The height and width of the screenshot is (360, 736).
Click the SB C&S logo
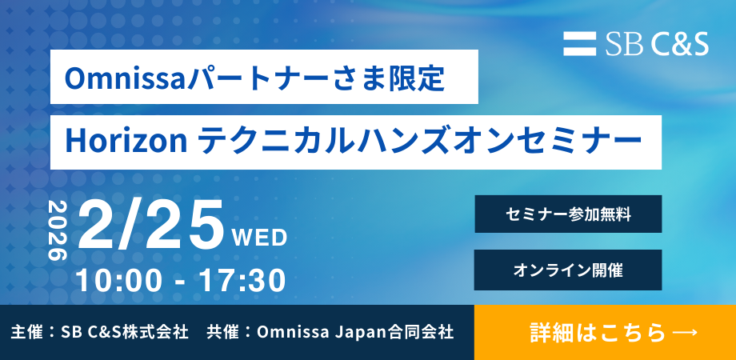click(x=636, y=44)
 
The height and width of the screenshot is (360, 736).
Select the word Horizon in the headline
click(x=126, y=142)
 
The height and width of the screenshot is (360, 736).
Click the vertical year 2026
click(x=58, y=231)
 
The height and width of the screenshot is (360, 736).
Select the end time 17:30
click(x=242, y=281)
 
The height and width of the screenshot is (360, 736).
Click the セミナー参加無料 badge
click(x=568, y=214)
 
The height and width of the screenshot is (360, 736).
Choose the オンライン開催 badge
click(x=568, y=270)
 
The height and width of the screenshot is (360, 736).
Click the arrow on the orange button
click(x=684, y=332)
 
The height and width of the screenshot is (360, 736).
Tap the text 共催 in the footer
click(x=218, y=332)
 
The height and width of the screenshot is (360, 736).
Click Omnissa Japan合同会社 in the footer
click(x=355, y=332)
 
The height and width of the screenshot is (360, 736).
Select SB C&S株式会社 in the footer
click(x=125, y=332)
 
